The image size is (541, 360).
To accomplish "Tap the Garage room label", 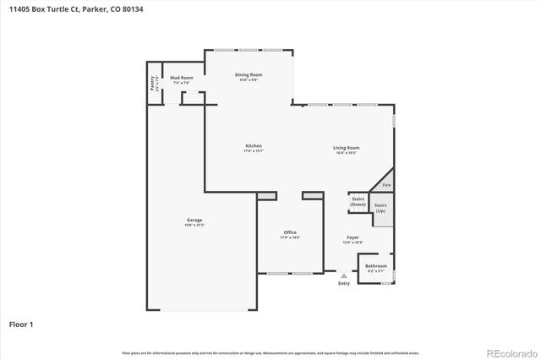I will click(x=194, y=221).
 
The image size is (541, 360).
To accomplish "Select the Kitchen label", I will click(x=254, y=146).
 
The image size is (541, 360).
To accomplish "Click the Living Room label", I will click(x=346, y=148).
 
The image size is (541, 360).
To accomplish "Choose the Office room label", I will click(x=290, y=232).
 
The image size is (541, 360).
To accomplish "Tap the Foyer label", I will click(x=352, y=237).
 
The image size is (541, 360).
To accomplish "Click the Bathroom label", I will click(x=376, y=266).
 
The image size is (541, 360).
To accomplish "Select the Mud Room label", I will click(x=182, y=78).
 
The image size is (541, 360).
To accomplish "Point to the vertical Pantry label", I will click(x=152, y=84).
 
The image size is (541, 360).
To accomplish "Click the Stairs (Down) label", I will click(x=358, y=202).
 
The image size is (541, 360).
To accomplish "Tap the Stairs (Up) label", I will click(x=381, y=207).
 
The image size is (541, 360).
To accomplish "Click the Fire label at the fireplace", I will click(x=386, y=184).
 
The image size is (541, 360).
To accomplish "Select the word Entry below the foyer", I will click(x=344, y=283).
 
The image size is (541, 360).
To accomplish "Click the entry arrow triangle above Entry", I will click(x=343, y=275).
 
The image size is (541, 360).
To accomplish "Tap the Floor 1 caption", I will click(x=21, y=324).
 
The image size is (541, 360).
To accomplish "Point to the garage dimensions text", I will click(x=194, y=226).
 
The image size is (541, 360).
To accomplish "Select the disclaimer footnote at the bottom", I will click(x=270, y=352).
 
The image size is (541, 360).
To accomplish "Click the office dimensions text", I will click(x=290, y=237).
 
